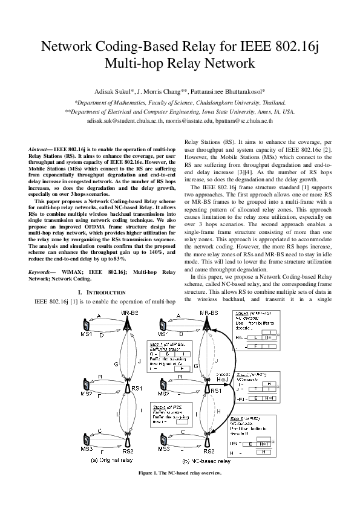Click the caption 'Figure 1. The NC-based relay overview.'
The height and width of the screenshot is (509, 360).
pyautogui.click(x=180, y=473)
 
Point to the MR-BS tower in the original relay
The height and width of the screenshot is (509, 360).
pyautogui.click(x=127, y=325)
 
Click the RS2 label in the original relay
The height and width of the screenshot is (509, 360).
pyautogui.click(x=128, y=451)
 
